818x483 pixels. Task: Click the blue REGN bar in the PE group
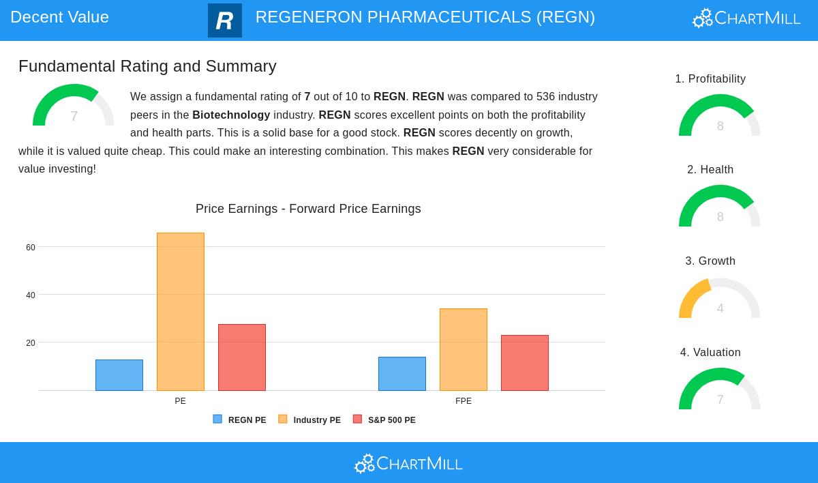pos(119,375)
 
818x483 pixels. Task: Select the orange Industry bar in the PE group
pos(181,312)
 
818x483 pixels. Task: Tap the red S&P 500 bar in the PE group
pos(242,357)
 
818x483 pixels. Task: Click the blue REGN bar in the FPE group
pos(402,374)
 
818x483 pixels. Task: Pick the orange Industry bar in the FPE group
pos(464,349)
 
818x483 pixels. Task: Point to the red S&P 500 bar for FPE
pos(525,363)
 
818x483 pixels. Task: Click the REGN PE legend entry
pos(240,420)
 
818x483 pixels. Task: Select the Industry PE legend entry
pos(309,420)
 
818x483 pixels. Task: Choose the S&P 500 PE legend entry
pos(384,420)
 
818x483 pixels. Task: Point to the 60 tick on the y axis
pos(31,248)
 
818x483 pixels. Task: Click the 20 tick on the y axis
pos(31,343)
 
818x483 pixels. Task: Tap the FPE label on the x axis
pos(464,401)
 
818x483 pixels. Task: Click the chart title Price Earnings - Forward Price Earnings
pos(308,209)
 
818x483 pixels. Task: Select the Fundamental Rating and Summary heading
pos(147,66)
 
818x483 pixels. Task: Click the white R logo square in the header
pos(225,20)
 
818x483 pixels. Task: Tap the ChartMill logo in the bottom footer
pos(408,464)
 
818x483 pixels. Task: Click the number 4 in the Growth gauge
pos(720,308)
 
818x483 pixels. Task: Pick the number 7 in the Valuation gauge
pos(720,400)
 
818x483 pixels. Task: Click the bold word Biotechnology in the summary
pos(231,115)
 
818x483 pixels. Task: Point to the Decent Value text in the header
pos(59,17)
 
